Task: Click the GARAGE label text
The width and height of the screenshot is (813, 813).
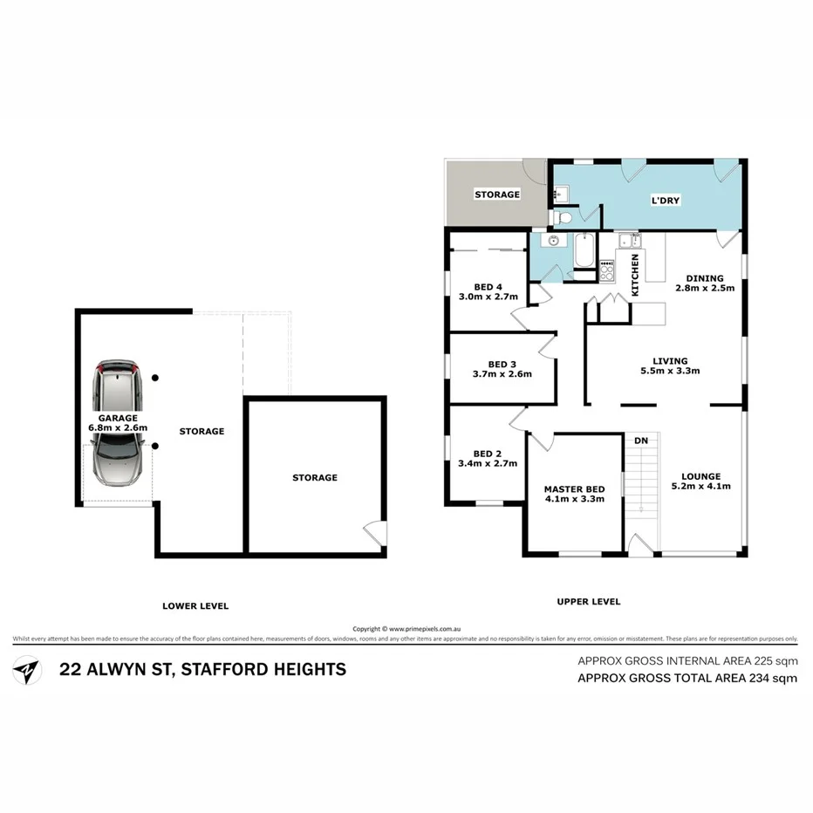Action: pyautogui.click(x=117, y=417)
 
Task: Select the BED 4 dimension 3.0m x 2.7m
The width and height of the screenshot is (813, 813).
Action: pyautogui.click(x=488, y=297)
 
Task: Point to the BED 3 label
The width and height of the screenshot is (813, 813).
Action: pyautogui.click(x=502, y=364)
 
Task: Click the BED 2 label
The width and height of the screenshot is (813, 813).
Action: pyautogui.click(x=487, y=453)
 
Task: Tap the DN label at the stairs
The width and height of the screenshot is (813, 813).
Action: pyautogui.click(x=641, y=441)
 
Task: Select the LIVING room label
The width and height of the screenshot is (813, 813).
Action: pyautogui.click(x=671, y=360)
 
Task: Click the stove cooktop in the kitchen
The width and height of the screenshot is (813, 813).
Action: pyautogui.click(x=606, y=271)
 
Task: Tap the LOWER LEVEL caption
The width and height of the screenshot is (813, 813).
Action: pyautogui.click(x=195, y=605)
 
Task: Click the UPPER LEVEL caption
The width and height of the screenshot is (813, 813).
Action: pyautogui.click(x=588, y=601)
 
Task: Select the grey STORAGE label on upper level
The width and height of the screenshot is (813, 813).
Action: pyautogui.click(x=496, y=194)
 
